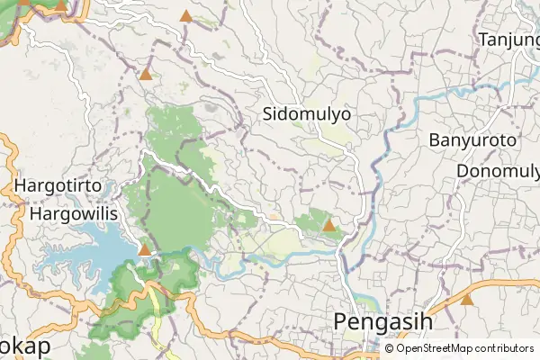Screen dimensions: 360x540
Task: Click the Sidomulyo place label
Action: (307, 114)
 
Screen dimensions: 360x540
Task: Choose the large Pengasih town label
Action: (383, 321)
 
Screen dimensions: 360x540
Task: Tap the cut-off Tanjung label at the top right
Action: (508, 40)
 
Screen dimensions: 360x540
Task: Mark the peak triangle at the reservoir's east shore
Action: (144, 249)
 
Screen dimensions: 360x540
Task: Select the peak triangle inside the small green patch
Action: (329, 225)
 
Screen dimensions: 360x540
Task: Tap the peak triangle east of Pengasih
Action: (466, 300)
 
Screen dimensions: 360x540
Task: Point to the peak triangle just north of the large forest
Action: (145, 74)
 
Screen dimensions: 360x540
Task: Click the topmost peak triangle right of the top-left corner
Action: (185, 16)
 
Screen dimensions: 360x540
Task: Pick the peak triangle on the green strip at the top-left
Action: (60, 5)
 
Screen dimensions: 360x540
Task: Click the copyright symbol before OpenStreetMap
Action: (389, 347)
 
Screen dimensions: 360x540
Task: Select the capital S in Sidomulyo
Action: (268, 114)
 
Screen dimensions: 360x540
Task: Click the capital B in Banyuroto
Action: (435, 140)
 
